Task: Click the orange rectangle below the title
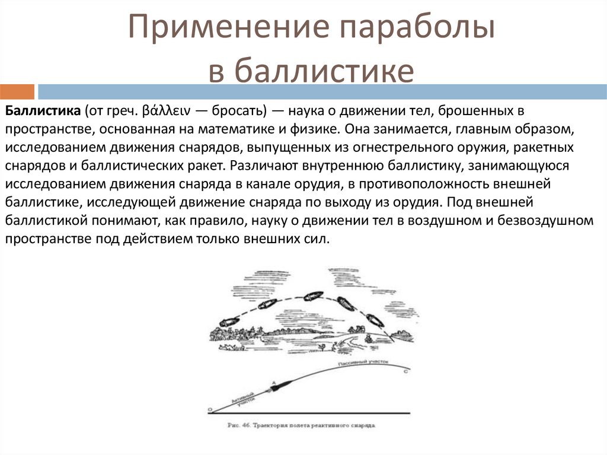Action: (x=17, y=91)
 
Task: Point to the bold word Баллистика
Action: (x=42, y=111)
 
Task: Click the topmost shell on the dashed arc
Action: (x=314, y=296)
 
